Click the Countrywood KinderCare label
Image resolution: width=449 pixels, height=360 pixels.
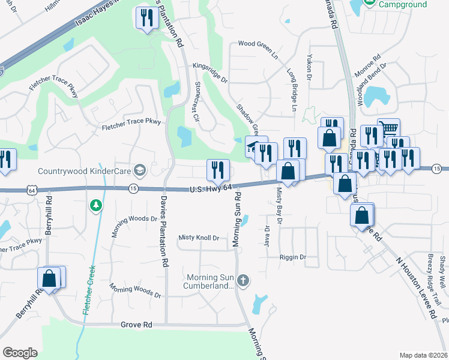84,171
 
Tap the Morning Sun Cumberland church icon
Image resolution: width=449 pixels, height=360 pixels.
243,280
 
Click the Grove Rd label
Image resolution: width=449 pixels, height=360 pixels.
137,325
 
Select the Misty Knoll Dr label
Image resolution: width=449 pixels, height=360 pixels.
199,238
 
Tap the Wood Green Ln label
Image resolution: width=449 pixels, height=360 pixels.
258,50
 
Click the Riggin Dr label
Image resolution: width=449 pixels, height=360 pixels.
292,257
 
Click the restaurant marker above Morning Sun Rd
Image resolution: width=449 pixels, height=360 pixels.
217,170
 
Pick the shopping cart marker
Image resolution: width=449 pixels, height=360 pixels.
389,129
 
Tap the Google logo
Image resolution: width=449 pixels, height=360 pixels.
20,353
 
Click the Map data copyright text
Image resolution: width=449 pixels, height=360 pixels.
424,355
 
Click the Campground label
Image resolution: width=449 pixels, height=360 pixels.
403,4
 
